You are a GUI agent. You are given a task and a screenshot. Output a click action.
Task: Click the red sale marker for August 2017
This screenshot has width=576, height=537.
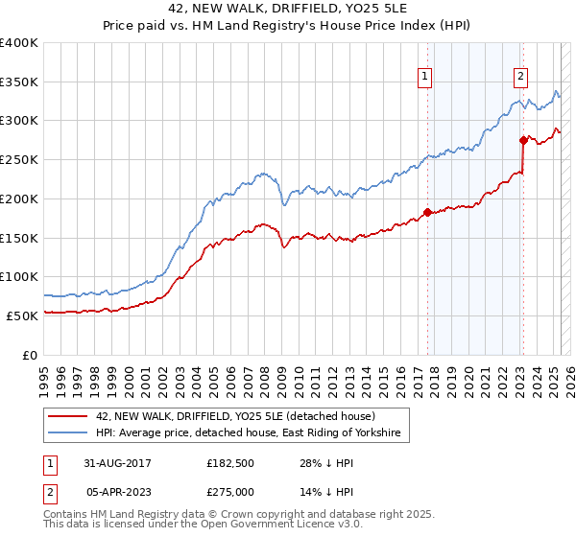click(427, 212)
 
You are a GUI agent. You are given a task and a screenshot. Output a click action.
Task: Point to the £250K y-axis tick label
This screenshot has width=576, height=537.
click(19, 160)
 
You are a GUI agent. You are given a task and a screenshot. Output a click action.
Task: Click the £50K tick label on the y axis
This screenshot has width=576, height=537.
click(23, 315)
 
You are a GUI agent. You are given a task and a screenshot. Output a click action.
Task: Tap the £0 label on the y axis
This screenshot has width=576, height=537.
click(31, 355)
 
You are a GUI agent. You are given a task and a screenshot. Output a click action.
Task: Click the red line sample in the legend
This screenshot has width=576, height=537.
click(67, 417)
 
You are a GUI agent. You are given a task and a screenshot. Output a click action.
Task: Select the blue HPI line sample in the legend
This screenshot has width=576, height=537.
click(67, 434)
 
